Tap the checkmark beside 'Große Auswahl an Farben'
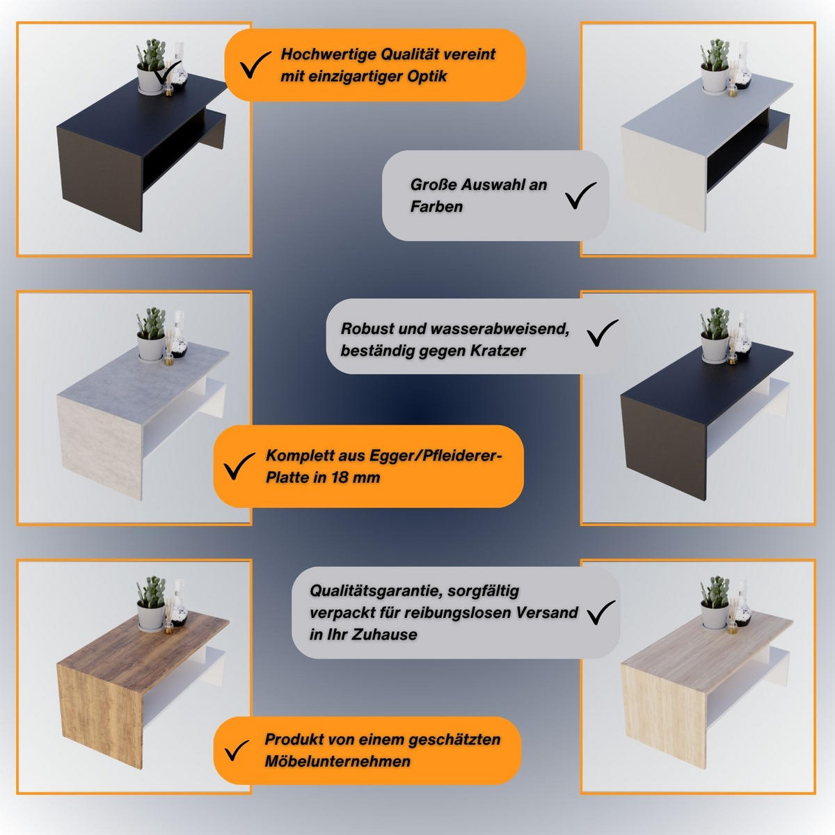coord(581,196)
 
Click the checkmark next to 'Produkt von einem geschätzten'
coord(237,751)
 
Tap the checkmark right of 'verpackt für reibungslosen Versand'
coord(601,612)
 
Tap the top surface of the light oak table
coord(724,647)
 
